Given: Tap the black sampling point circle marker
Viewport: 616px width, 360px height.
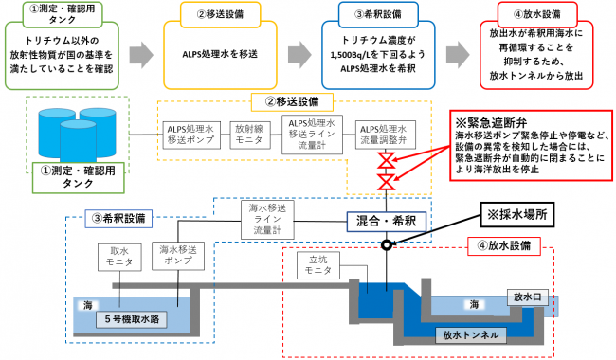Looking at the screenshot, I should (x=387, y=244).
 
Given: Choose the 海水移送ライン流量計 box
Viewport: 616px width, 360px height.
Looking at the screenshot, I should (x=268, y=220).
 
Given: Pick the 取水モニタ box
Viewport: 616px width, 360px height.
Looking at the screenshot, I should (x=112, y=256).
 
